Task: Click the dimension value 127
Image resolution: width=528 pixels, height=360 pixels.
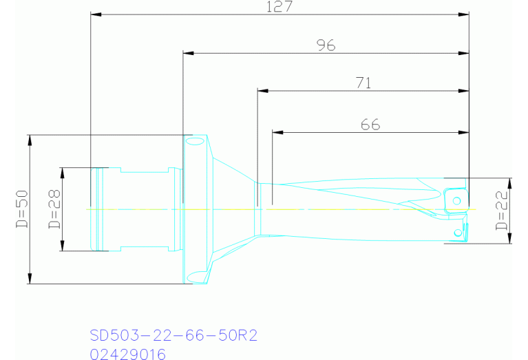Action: tap(279, 6)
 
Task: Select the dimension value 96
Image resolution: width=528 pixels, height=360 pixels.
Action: tap(326, 45)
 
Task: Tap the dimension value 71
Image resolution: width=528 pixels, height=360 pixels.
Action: tap(363, 83)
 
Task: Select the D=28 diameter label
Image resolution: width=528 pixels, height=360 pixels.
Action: tap(54, 209)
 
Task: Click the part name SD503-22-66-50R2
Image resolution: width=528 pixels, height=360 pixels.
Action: tap(173, 335)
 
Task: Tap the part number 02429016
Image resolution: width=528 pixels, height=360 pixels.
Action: tap(128, 354)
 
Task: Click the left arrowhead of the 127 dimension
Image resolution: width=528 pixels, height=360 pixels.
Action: tap(96, 14)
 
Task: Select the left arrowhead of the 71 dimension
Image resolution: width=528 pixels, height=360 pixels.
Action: tap(261, 91)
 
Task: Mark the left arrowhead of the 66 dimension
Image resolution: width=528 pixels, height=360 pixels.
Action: tap(277, 132)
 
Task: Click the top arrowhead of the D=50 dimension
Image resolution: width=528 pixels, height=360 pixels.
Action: tap(30, 139)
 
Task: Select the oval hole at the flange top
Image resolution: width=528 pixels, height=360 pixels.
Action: tap(195, 142)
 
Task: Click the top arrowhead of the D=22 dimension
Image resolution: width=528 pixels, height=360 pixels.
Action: tap(510, 182)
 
